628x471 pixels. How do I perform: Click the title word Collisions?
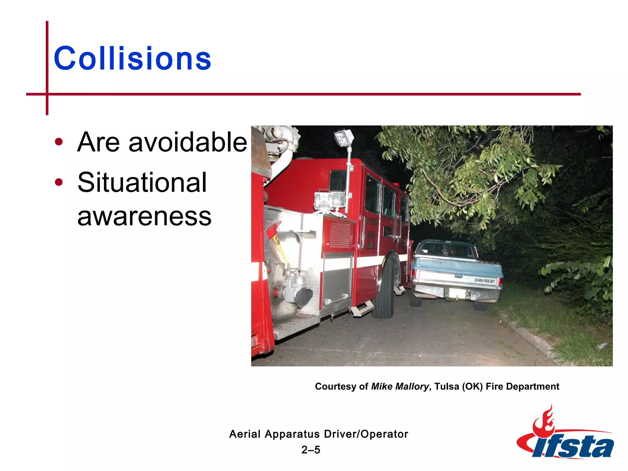click(x=132, y=58)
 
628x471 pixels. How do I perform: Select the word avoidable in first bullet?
click(x=188, y=142)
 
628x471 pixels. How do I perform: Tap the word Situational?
click(x=142, y=182)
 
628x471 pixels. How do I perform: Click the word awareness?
click(x=144, y=216)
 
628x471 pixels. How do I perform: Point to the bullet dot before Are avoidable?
click(x=59, y=142)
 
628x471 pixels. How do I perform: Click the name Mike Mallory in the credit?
click(x=400, y=386)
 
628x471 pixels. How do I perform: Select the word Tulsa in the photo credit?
click(x=446, y=386)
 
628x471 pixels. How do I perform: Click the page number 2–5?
click(x=311, y=450)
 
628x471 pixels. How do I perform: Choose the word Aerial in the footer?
click(x=245, y=434)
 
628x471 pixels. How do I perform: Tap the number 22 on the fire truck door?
click(x=371, y=239)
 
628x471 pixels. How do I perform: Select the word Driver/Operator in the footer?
click(x=366, y=434)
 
